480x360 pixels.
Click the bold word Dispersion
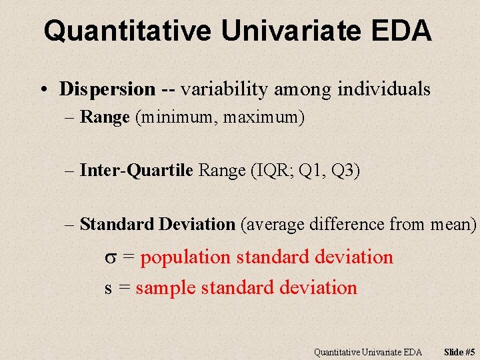click(x=107, y=89)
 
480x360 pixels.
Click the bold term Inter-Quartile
click(x=136, y=171)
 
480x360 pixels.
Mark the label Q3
click(x=345, y=171)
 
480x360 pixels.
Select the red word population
click(x=185, y=257)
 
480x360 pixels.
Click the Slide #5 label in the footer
click(x=460, y=351)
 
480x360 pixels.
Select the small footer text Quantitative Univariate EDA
click(x=367, y=351)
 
